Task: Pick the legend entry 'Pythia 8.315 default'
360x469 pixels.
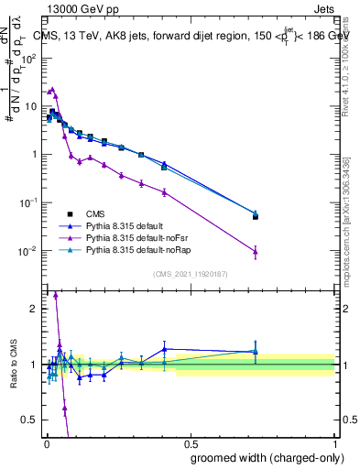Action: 115,224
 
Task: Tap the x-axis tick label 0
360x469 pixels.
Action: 47,442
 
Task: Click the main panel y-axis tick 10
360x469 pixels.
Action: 30,106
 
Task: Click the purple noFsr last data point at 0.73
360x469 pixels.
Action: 256,252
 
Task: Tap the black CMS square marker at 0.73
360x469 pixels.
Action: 256,217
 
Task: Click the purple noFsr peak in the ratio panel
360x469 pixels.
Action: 56,295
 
